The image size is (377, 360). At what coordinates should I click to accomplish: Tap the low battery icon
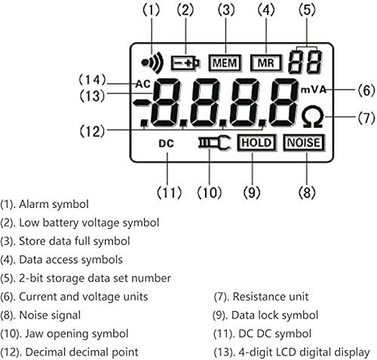pos(183,63)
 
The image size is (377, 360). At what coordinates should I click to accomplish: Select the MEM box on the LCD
pos(223,63)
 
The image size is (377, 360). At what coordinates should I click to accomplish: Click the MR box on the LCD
pos(262,63)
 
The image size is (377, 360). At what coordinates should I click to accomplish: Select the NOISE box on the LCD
pos(304,142)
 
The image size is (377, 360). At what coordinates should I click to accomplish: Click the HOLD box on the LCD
pos(256,142)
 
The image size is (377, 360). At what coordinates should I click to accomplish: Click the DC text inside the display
pos(167,143)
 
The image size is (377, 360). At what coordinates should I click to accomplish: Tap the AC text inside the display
pos(144,84)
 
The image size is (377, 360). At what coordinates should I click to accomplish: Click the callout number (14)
pos(93,78)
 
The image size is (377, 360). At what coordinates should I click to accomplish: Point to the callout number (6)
pos(365,90)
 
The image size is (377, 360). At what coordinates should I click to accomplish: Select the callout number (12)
pos(93,130)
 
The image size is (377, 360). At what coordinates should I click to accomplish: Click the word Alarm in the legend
pos(35,203)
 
